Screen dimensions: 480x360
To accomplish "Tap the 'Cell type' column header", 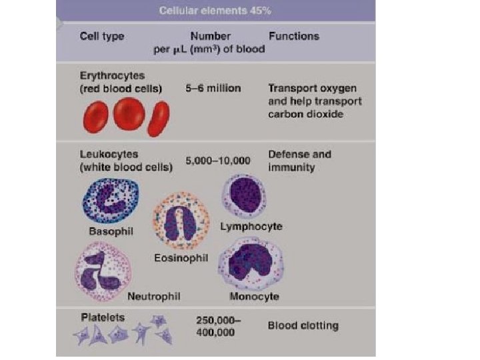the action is point(102,37).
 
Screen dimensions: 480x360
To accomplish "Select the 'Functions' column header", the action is point(293,36).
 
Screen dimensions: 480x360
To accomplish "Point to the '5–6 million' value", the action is point(213,88).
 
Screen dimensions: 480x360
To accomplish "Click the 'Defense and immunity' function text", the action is point(298,161).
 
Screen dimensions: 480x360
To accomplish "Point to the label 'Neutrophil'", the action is point(153,295).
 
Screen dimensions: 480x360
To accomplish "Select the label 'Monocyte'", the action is point(254,296).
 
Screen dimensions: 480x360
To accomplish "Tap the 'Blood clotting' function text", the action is point(303,326).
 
